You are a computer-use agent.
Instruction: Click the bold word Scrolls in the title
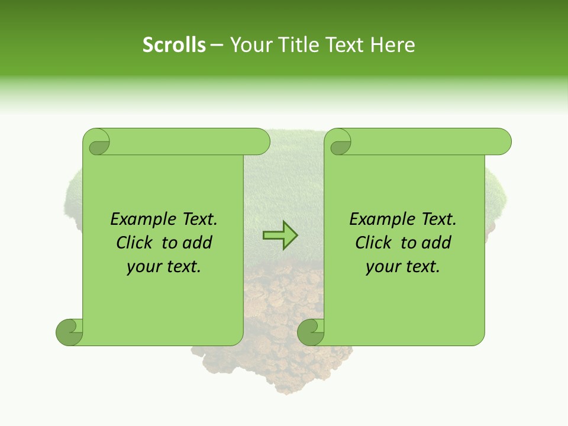174,45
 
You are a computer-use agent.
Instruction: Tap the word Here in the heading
393,45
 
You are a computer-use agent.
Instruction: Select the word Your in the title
248,45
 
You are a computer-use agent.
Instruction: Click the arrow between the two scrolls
280,235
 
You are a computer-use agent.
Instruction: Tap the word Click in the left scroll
135,243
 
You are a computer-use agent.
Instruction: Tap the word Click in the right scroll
374,243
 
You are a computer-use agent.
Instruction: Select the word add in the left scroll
198,243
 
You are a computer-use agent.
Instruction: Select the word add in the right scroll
437,243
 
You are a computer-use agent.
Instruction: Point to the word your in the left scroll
143,267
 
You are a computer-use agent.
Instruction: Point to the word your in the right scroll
382,267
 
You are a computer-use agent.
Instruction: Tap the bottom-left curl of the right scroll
311,331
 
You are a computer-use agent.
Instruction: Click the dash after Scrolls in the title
217,45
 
